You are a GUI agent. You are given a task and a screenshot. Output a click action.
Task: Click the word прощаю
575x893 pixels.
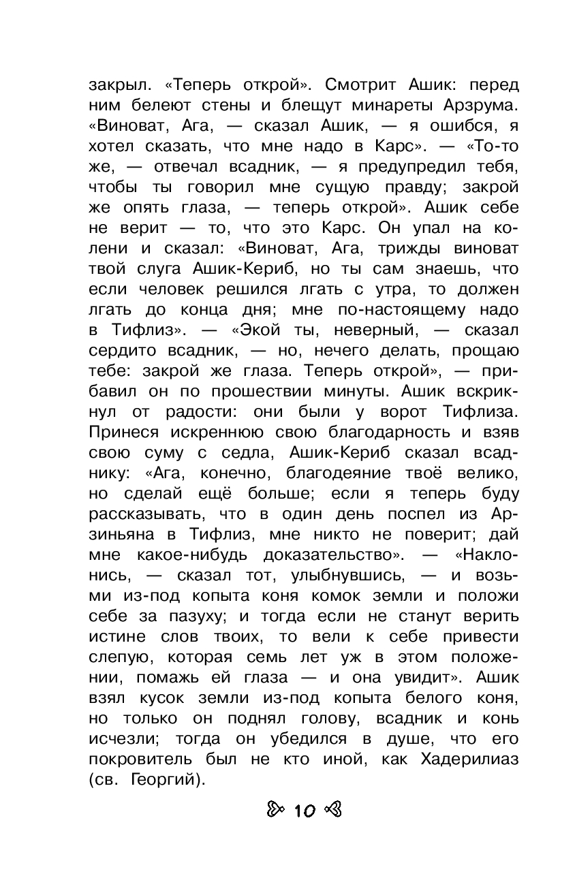478,351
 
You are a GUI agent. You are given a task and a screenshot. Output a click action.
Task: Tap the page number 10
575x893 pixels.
305,811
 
